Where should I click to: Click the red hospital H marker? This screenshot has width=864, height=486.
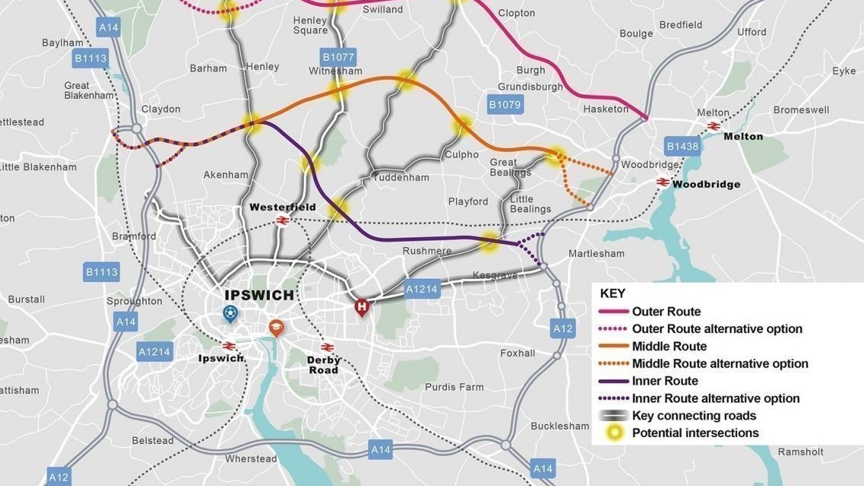(x=361, y=307)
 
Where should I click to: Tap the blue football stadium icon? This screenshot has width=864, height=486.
(x=229, y=313)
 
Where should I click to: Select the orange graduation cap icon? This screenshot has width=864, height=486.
(x=276, y=328)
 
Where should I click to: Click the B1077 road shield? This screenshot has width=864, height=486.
(x=338, y=57)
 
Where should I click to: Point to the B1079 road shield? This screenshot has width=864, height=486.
(x=504, y=105)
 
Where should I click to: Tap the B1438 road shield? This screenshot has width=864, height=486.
(x=682, y=147)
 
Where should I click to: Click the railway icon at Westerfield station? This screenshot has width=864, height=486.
(x=282, y=221)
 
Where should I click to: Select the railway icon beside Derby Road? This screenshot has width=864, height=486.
(x=328, y=347)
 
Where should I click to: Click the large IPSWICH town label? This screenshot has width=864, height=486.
(x=259, y=296)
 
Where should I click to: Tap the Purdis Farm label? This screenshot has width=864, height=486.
(x=454, y=387)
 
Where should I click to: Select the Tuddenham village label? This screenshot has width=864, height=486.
(x=400, y=177)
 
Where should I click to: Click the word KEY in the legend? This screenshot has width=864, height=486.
(x=613, y=293)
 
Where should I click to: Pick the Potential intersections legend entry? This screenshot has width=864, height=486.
(x=695, y=433)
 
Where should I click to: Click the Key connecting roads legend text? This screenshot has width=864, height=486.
(x=694, y=416)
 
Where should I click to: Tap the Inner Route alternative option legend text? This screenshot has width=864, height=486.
(x=716, y=398)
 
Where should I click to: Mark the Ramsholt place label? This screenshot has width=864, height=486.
(x=801, y=452)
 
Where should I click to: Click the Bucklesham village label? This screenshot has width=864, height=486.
(x=559, y=426)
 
